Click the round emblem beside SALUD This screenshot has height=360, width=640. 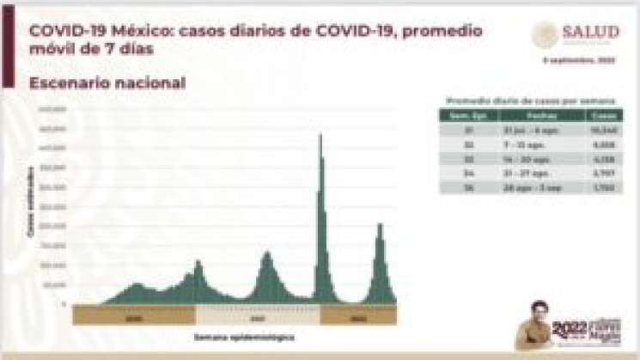tap(546, 34)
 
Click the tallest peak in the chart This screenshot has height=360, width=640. tap(320, 137)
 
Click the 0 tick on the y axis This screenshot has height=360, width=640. tap(64, 303)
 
